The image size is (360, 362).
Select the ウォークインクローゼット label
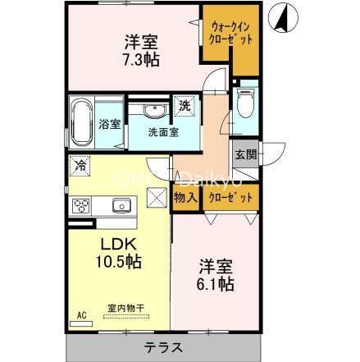pos(229,34)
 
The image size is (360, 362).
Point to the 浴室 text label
pos(110,125)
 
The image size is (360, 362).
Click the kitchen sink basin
pos(122,206)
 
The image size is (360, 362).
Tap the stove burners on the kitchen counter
pos(83,205)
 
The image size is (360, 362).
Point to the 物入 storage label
pos(185,198)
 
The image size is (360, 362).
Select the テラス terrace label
pos(164,346)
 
